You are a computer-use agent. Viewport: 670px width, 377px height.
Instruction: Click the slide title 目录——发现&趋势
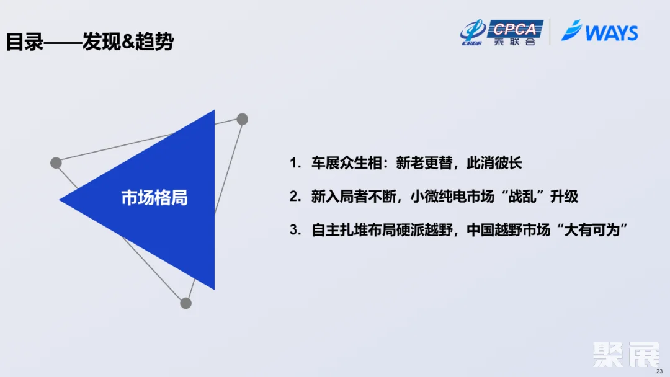[x=90, y=42]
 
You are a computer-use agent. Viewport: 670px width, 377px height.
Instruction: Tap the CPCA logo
[x=515, y=29]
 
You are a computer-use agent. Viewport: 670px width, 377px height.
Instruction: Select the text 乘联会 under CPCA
[x=515, y=42]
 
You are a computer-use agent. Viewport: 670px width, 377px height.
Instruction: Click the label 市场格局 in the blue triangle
[x=154, y=198]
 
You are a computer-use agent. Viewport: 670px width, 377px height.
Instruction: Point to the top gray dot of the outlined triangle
[x=243, y=119]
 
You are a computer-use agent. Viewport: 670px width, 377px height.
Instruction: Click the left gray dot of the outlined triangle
[x=56, y=162]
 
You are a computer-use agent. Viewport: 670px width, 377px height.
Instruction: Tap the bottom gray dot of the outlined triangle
[x=185, y=303]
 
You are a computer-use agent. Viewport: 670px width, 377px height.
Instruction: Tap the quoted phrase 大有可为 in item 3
[x=594, y=230]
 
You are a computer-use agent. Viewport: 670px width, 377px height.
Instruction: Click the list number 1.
[x=294, y=164]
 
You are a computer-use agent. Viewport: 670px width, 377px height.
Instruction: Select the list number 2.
[x=294, y=197]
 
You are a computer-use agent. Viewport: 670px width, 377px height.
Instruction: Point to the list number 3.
[x=294, y=230]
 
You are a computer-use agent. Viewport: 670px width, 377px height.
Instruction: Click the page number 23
[x=659, y=371]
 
